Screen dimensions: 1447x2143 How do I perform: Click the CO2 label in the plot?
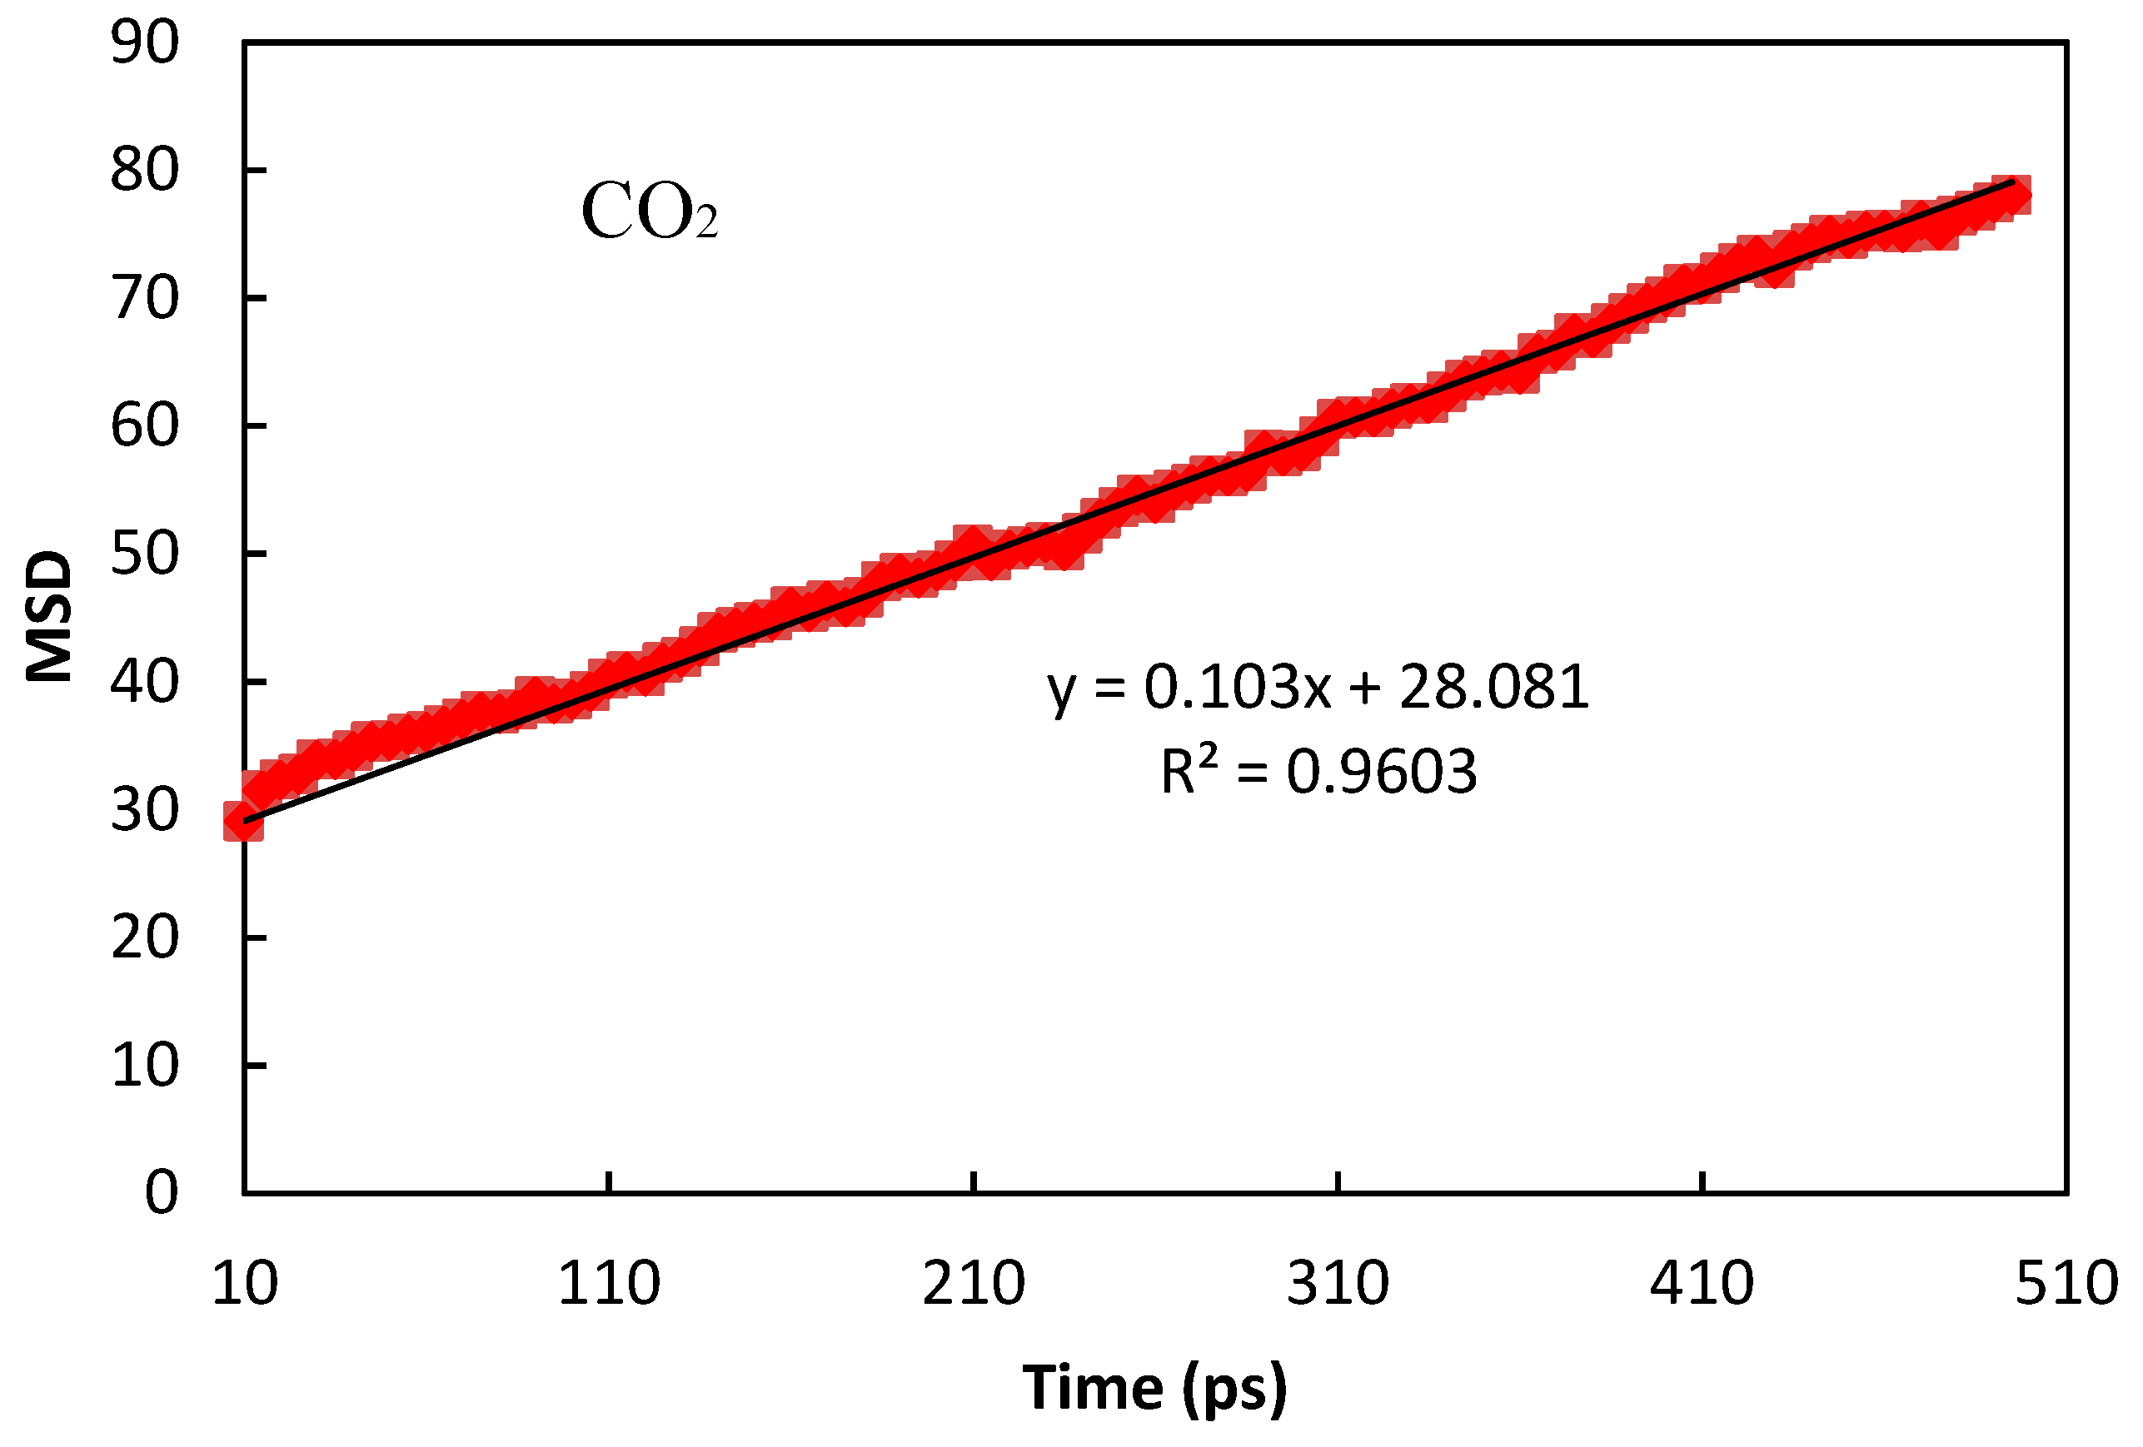(648, 211)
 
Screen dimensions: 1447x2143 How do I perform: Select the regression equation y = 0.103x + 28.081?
(1317, 688)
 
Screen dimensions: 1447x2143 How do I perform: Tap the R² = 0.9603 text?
(1318, 772)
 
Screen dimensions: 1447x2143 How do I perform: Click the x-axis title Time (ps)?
(1154, 1388)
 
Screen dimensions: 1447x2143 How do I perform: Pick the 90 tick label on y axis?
(144, 42)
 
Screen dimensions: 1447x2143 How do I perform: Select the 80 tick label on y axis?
(144, 171)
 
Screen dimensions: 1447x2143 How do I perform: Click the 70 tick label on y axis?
(144, 299)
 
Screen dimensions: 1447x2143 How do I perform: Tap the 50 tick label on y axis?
(144, 554)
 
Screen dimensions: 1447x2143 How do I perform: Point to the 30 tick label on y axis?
(144, 811)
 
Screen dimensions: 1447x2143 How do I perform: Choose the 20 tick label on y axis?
(144, 938)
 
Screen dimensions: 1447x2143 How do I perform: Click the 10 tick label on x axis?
(244, 1284)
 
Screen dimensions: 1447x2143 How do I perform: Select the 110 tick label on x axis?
(609, 1284)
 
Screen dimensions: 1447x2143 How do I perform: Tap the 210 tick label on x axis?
(973, 1284)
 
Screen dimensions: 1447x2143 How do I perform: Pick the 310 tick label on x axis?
(1337, 1284)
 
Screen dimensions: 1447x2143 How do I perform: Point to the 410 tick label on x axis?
(1702, 1284)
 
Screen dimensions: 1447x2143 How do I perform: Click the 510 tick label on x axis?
(2066, 1284)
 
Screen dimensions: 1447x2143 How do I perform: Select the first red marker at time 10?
(243, 820)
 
